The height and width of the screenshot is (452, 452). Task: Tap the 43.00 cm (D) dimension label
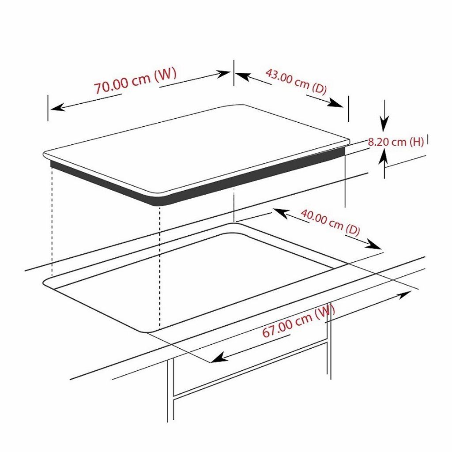(296, 81)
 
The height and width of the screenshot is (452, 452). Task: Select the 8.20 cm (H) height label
(396, 142)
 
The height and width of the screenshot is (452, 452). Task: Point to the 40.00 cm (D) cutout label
(330, 222)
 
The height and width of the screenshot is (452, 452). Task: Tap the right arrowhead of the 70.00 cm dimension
(224, 74)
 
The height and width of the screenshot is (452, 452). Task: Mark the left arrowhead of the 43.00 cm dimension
(242, 76)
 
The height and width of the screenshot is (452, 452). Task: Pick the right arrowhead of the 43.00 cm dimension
(336, 103)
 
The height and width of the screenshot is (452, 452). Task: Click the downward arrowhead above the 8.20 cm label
(384, 124)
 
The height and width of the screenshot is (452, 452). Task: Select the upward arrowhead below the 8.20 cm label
(384, 158)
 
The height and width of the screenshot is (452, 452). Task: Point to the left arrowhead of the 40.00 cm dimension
(280, 213)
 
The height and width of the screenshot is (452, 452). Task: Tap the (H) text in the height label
(416, 142)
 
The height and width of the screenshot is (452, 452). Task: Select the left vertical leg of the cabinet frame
(170, 390)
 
